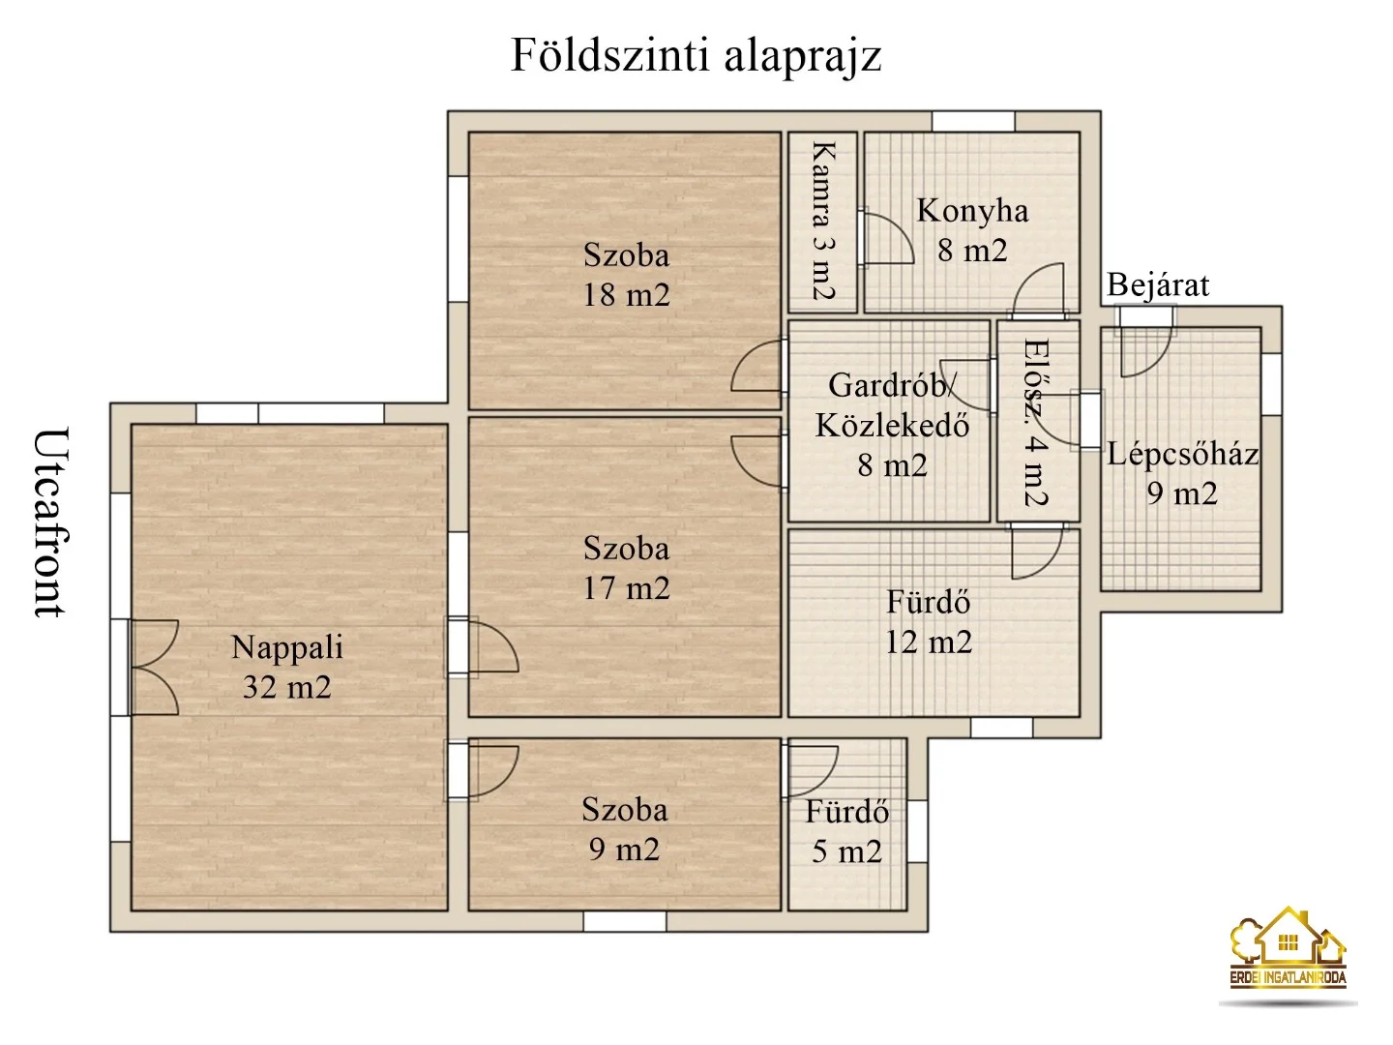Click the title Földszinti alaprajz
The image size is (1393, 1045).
pos(696,55)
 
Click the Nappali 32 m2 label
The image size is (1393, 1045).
pos(287,667)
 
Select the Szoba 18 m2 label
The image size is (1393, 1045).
pos(626,275)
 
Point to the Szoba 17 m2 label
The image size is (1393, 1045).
pos(626,568)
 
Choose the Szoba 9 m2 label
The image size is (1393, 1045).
pos(625,829)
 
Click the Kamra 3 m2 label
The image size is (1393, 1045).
pos(822,221)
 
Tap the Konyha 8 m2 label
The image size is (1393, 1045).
pos(972,230)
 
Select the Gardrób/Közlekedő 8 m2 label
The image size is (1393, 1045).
pos(892,425)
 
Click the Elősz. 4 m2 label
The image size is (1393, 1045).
pos(1035,422)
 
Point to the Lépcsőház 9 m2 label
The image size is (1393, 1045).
pos(1182,473)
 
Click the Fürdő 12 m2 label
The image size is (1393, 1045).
pos(929,622)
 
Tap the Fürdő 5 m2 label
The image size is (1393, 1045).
pos(846,831)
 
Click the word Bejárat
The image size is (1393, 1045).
pos(1158,285)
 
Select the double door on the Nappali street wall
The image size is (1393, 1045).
pos(152,668)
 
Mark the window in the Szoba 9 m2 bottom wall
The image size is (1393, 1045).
pos(625,921)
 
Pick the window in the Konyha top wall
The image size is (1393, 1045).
pos(973,122)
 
